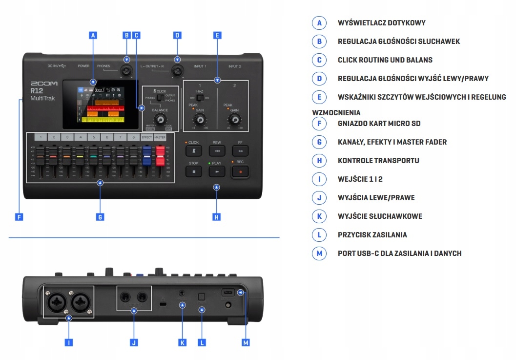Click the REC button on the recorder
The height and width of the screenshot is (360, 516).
[240, 171]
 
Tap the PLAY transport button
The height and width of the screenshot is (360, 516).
[217, 171]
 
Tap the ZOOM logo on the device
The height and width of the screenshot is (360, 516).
[44, 84]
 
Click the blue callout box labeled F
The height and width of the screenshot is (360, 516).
[19, 216]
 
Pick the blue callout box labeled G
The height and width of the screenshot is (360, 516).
[100, 216]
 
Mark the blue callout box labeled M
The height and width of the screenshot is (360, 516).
[246, 343]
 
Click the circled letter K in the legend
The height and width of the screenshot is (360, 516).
[319, 216]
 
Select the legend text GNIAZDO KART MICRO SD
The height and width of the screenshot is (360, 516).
[379, 124]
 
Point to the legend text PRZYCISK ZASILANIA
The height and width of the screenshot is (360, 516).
[372, 235]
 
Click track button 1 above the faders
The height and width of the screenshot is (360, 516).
[41, 137]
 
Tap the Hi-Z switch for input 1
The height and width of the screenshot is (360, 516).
[200, 98]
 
